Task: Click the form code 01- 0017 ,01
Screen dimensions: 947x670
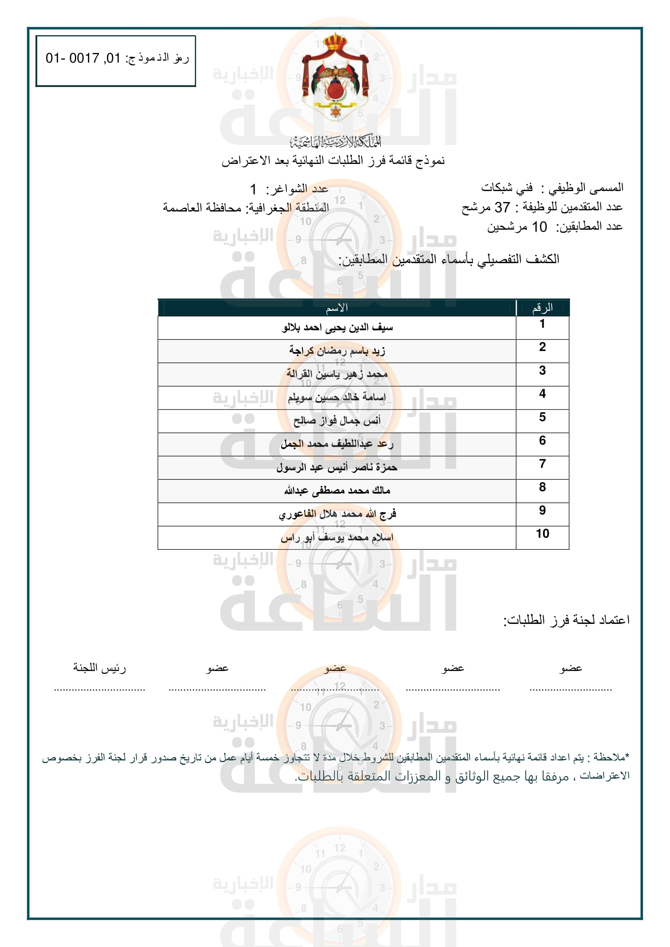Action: pyautogui.click(x=83, y=58)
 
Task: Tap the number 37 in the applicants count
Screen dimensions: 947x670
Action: pyautogui.click(x=502, y=207)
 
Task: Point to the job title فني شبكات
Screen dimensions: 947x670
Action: pyautogui.click(x=507, y=188)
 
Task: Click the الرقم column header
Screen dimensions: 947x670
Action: pyautogui.click(x=542, y=308)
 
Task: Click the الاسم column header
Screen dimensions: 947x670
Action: pyautogui.click(x=337, y=308)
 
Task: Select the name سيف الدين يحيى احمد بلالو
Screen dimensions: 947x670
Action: pyautogui.click(x=337, y=328)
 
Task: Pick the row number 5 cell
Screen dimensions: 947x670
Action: pyautogui.click(x=542, y=417)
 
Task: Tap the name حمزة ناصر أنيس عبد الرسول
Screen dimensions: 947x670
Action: pyautogui.click(x=337, y=467)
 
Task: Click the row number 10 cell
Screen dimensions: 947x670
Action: pyautogui.click(x=542, y=534)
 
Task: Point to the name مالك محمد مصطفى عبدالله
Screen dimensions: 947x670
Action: pyautogui.click(x=337, y=491)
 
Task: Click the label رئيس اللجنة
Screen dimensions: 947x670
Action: pyautogui.click(x=99, y=668)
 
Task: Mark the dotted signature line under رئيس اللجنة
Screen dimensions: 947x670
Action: pyautogui.click(x=99, y=690)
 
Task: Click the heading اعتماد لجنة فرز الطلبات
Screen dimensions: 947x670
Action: pyautogui.click(x=566, y=620)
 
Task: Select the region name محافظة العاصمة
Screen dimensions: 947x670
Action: pyautogui.click(x=202, y=207)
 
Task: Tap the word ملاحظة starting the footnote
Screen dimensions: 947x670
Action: pyautogui.click(x=610, y=757)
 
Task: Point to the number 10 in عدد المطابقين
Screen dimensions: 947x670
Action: pyautogui.click(x=539, y=227)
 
